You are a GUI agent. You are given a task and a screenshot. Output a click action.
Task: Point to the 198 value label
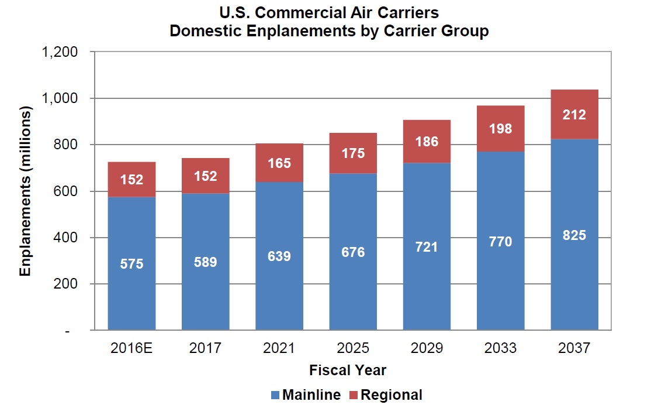click(x=500, y=128)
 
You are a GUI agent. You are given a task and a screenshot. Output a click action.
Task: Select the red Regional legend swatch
click(x=353, y=396)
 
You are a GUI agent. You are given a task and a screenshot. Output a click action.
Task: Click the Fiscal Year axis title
click(x=348, y=371)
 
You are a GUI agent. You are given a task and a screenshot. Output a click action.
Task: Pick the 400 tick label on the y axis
click(x=67, y=238)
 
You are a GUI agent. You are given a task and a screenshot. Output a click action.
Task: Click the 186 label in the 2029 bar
click(x=427, y=141)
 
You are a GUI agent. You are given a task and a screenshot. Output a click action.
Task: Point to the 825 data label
click(x=574, y=235)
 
